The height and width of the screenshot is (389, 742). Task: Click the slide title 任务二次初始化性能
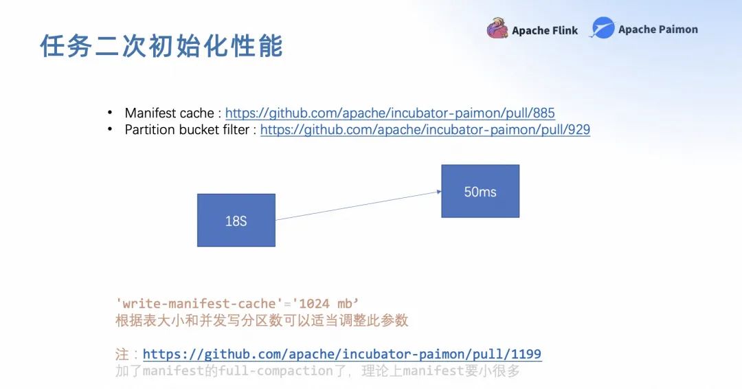[161, 46]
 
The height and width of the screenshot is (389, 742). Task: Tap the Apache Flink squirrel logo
[497, 29]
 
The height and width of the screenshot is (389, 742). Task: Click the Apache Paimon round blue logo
[603, 28]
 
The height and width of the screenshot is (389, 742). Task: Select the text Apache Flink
[545, 30]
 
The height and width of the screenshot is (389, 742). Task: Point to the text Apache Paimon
[657, 30]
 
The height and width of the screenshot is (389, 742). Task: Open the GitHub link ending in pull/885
[390, 113]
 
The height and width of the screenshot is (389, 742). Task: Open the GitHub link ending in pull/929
[425, 129]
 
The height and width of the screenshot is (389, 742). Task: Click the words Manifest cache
[168, 113]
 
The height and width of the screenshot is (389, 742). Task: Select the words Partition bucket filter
[186, 129]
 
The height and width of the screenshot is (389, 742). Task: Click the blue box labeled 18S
[236, 220]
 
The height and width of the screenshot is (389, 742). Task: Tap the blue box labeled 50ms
[480, 191]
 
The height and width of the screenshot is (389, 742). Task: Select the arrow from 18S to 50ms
[357, 205]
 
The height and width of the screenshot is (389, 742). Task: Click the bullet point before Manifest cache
[109, 113]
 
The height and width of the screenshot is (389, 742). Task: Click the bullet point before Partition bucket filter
[109, 129]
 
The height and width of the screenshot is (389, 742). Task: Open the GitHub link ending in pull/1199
[341, 354]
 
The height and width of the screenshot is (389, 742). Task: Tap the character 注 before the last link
[122, 354]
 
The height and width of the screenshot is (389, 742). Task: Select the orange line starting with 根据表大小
[261, 320]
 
